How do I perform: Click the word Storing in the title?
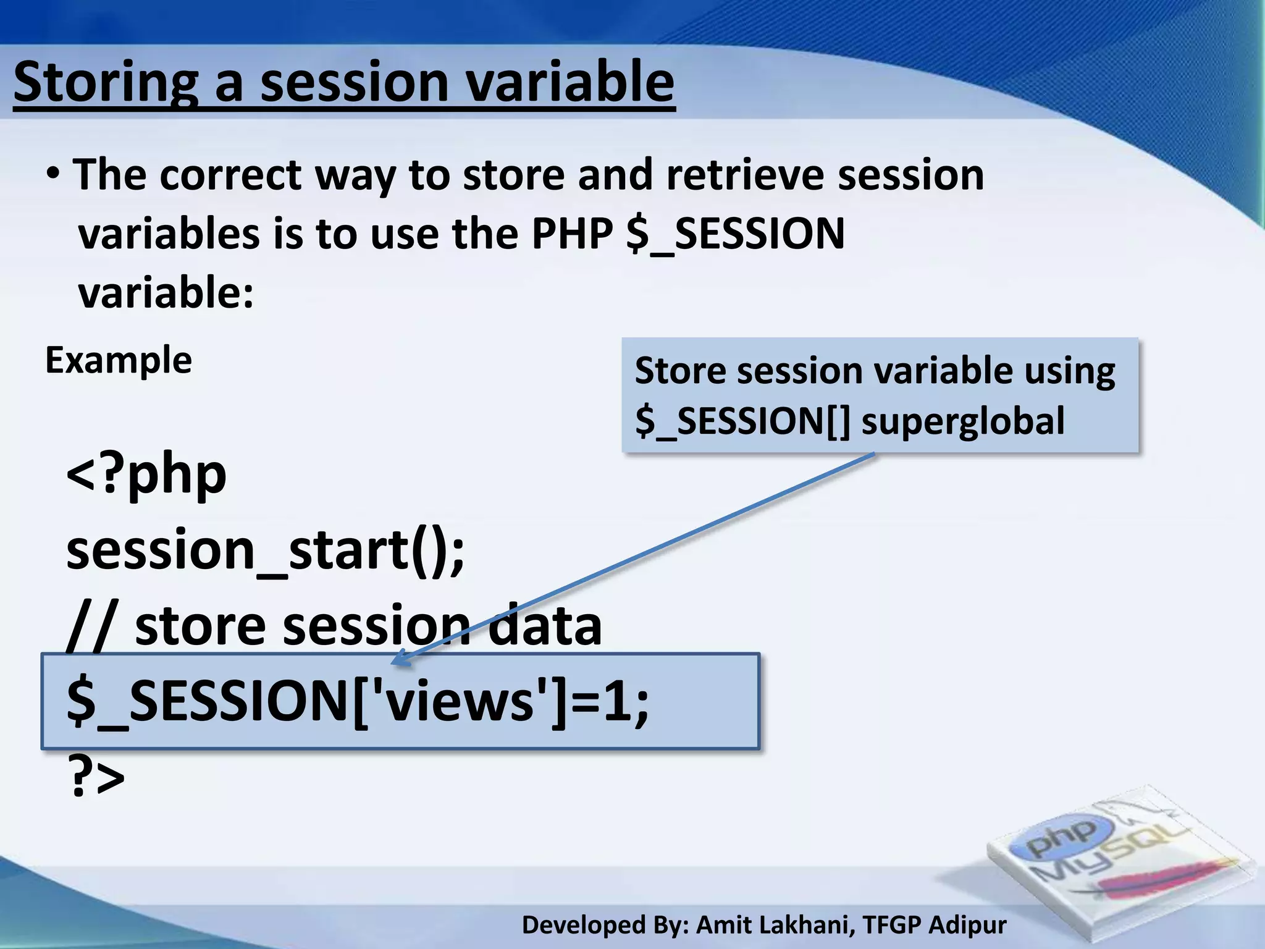click(105, 83)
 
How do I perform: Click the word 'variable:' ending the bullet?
click(166, 293)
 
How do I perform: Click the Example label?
click(119, 360)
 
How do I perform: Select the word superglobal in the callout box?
click(963, 421)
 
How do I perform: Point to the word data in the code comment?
click(544, 625)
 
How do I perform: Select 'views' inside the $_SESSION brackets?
click(457, 702)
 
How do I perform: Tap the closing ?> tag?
click(96, 777)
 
